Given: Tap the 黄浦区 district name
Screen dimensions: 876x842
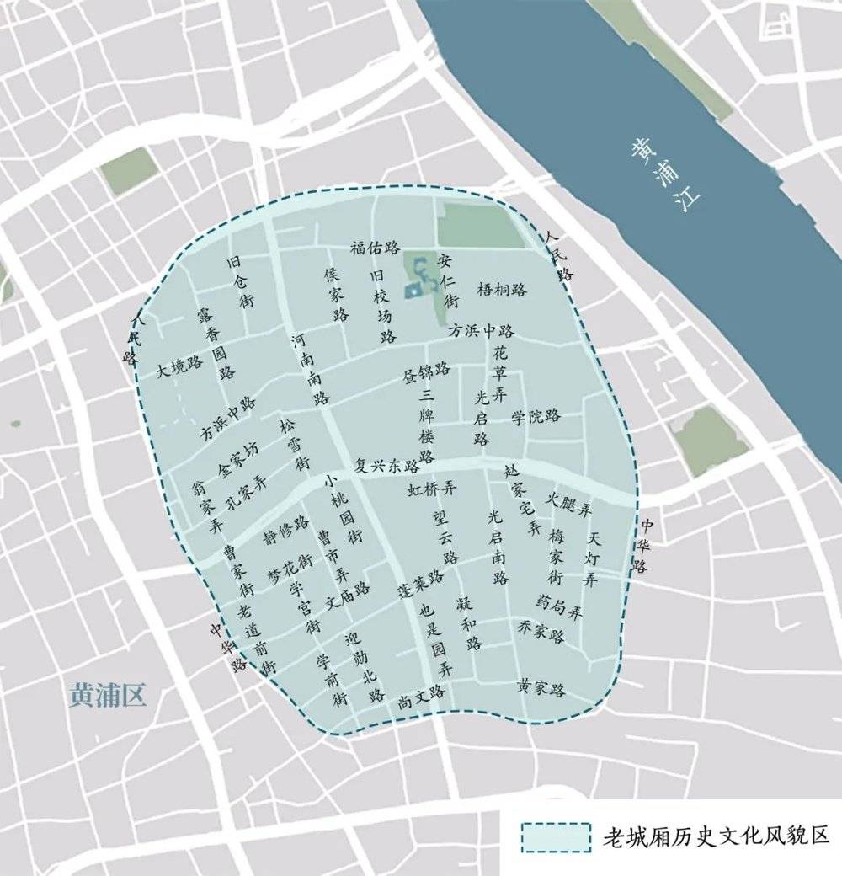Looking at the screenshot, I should point(109,695).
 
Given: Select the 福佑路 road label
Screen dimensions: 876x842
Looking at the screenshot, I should point(375,248).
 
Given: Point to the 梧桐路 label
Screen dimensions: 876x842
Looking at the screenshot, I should point(502,290).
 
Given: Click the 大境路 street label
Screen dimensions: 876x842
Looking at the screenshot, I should point(180,367).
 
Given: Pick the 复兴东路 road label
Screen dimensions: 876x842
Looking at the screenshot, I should point(387,465).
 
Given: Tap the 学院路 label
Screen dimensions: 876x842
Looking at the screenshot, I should point(536,416).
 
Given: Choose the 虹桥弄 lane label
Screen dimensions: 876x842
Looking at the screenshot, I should point(432,489).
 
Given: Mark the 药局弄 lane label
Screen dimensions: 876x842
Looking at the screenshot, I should point(559,606).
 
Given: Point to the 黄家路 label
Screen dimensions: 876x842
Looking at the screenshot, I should point(541,689).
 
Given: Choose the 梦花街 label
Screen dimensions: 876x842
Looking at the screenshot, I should point(290,566).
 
